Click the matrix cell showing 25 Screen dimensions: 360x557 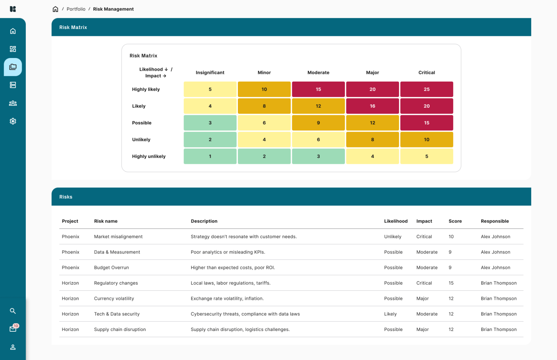[426, 89]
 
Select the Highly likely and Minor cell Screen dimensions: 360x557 [264, 89]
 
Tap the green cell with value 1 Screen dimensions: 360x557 [210, 156]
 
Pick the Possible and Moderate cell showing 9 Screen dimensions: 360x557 [318, 123]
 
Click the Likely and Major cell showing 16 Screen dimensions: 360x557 [372, 106]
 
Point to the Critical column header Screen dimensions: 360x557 [426, 73]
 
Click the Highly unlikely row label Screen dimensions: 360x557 [149, 156]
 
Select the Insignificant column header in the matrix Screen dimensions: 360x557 [210, 73]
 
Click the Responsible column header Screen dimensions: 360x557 [495, 221]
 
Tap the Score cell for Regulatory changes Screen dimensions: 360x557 [451, 283]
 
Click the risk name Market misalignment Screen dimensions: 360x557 [118, 237]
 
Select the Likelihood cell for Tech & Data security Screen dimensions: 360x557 [390, 314]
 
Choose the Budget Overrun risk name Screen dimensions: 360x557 [111, 268]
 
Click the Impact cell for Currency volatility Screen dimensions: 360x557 [422, 299]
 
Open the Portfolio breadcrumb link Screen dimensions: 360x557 [76, 9]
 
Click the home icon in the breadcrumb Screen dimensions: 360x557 [55, 9]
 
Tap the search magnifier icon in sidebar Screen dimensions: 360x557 [13, 311]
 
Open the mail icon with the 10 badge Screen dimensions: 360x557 [13, 329]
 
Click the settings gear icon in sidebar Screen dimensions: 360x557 [13, 121]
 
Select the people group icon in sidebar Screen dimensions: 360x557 [13, 103]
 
